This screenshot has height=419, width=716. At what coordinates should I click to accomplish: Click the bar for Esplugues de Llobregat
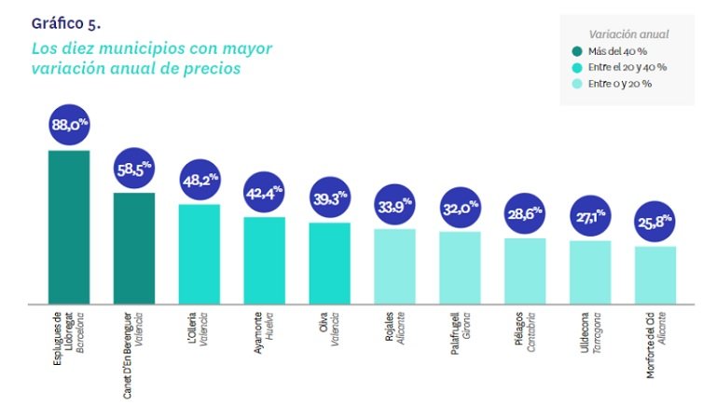[68, 227]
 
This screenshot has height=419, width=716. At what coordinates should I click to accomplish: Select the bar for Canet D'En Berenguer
[133, 249]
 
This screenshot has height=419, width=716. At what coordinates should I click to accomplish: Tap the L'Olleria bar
[199, 254]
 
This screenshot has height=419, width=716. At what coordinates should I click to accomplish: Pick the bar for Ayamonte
[264, 261]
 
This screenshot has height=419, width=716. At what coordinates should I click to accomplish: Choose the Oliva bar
[329, 264]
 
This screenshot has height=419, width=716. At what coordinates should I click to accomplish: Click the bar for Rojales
[394, 266]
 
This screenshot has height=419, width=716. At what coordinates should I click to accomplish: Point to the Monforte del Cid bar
[655, 276]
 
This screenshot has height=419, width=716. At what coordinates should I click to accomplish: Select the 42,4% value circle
[265, 194]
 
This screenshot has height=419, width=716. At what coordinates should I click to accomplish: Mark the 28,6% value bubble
[526, 213]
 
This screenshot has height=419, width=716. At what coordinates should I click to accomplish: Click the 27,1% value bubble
[591, 216]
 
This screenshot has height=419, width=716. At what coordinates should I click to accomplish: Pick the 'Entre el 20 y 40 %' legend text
[627, 67]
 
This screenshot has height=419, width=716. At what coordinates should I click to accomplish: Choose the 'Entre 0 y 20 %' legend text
[620, 84]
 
